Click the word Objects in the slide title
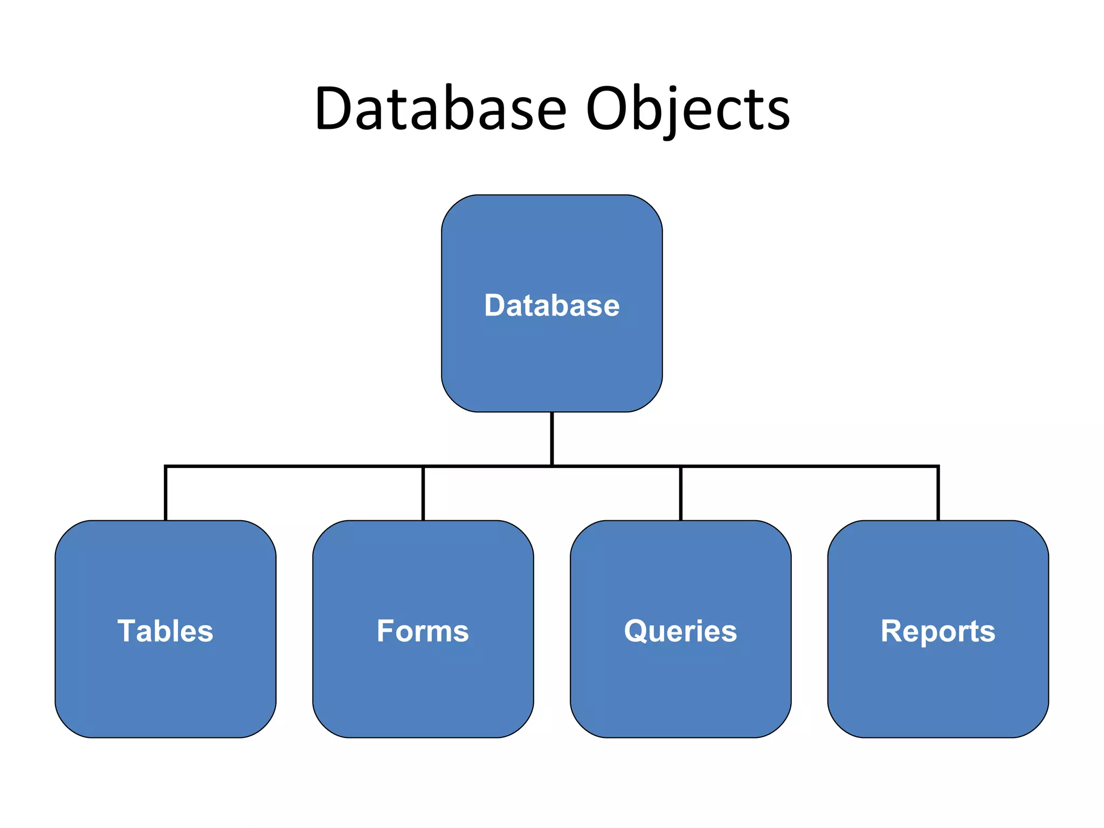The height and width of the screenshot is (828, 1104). (688, 110)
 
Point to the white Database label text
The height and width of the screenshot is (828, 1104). (551, 306)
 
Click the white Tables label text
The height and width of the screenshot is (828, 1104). (165, 631)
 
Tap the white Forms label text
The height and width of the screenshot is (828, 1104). (423, 631)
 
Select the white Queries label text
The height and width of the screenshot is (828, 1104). (680, 631)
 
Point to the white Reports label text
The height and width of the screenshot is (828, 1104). (938, 631)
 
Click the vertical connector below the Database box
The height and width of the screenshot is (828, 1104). (552, 438)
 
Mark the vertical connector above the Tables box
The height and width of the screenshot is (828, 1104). (165, 493)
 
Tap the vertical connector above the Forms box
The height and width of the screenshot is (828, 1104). (423, 493)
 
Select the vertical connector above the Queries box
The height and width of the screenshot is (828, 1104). (681, 493)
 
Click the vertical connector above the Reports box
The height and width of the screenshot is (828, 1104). (939, 493)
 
